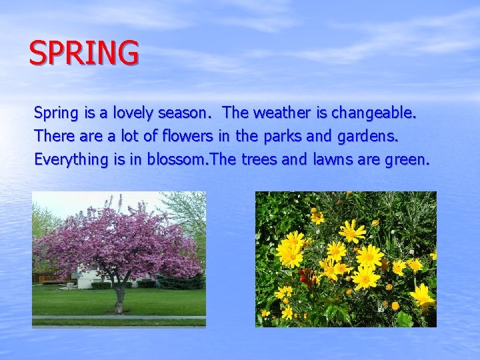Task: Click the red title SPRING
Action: click(x=84, y=53)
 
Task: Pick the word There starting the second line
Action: click(x=54, y=136)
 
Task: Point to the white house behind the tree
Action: click(x=87, y=277)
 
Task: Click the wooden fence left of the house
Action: click(x=49, y=277)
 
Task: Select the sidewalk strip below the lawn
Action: click(x=119, y=317)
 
